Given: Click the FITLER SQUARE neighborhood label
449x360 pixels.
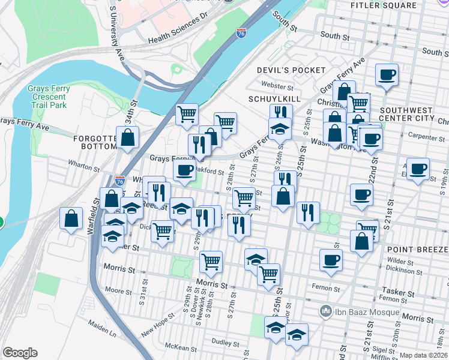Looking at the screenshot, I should (383, 5).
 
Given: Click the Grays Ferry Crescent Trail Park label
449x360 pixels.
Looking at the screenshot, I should (49, 97).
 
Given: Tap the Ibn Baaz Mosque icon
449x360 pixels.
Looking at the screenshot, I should (327, 311).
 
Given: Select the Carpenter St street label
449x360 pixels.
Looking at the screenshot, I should (420, 137).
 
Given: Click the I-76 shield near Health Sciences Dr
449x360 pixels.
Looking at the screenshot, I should (241, 34).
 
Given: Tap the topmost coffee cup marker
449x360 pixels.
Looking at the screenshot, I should (387, 75).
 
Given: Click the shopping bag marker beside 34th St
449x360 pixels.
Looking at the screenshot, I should (128, 137).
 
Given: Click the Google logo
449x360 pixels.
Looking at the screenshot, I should (20, 353).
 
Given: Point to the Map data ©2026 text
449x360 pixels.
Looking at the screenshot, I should (424, 355).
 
